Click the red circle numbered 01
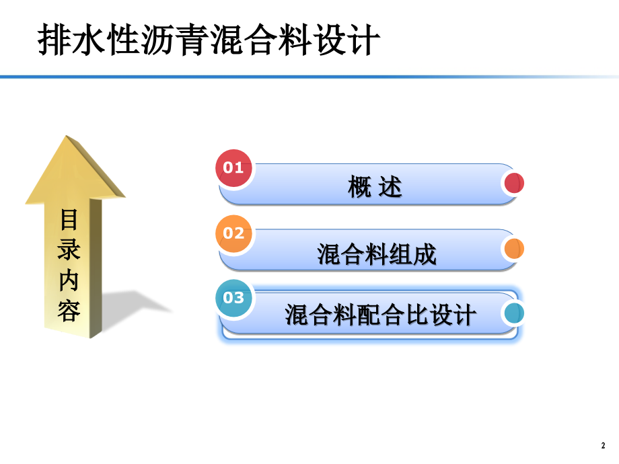tap(233, 168)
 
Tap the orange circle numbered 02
tap(233, 233)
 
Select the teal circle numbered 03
tap(233, 297)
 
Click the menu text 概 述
tap(375, 188)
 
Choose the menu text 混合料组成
tap(377, 254)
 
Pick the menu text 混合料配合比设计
tap(380, 315)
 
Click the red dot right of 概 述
tap(513, 184)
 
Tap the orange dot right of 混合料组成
tap(513, 249)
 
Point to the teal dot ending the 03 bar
tap(513, 313)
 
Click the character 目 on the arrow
tap(70, 221)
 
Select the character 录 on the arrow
tap(70, 249)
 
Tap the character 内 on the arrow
tap(70, 280)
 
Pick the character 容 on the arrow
tap(70, 310)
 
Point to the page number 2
tap(602, 445)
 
